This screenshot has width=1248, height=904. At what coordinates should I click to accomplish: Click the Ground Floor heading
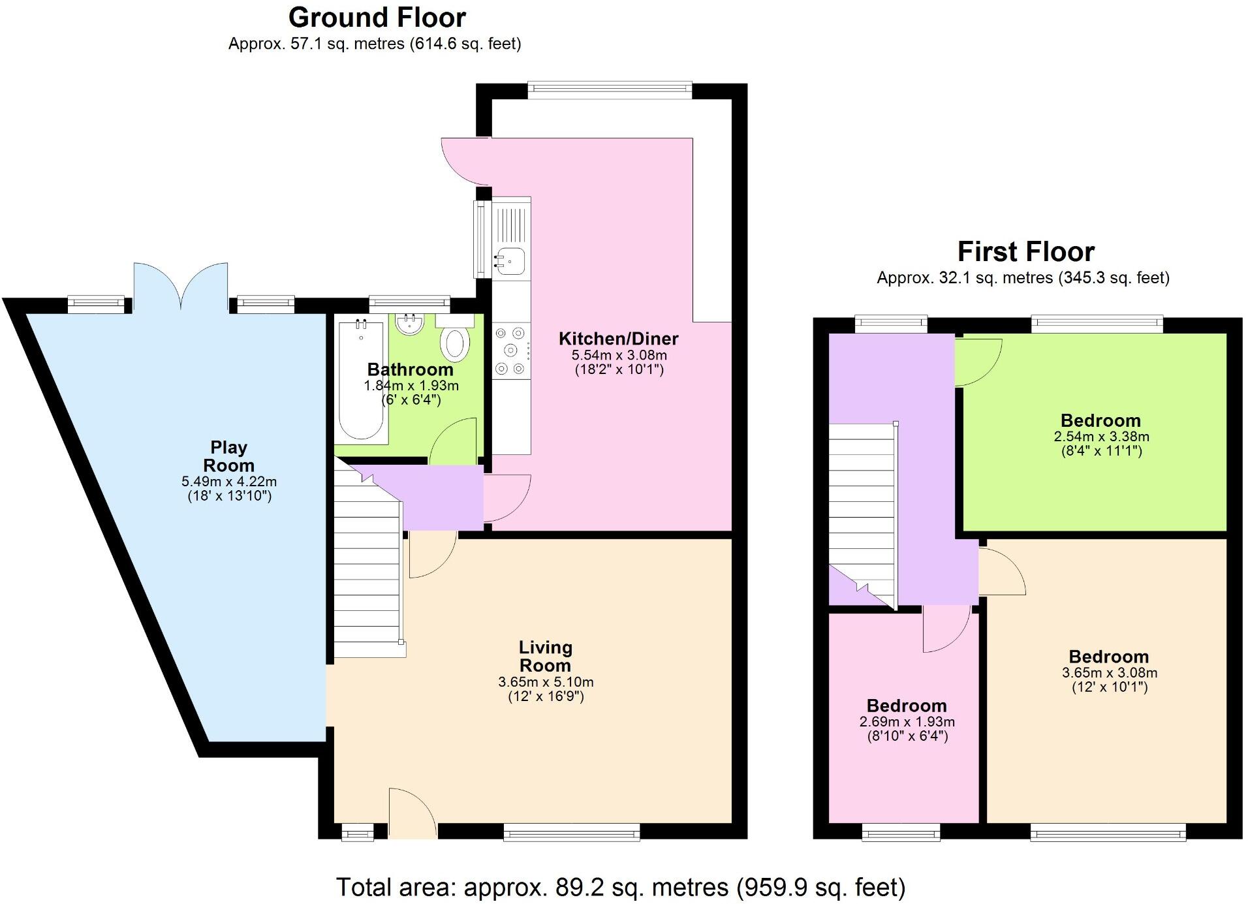[377, 18]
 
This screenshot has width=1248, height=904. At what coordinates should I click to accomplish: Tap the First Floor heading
[1025, 251]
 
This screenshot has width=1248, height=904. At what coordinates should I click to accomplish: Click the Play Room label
[228, 456]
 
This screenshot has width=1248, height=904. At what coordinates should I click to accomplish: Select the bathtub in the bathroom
[361, 378]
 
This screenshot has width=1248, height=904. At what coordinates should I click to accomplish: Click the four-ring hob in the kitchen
[510, 351]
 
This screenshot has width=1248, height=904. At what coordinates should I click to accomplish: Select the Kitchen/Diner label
[618, 338]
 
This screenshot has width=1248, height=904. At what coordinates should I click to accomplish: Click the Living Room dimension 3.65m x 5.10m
[546, 682]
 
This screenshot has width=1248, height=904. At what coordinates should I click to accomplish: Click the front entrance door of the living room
[412, 813]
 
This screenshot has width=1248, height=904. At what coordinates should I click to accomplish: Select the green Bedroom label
[1100, 420]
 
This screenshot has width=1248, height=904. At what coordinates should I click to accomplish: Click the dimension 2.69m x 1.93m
[907, 722]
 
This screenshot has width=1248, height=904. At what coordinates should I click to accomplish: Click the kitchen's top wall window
[610, 90]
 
